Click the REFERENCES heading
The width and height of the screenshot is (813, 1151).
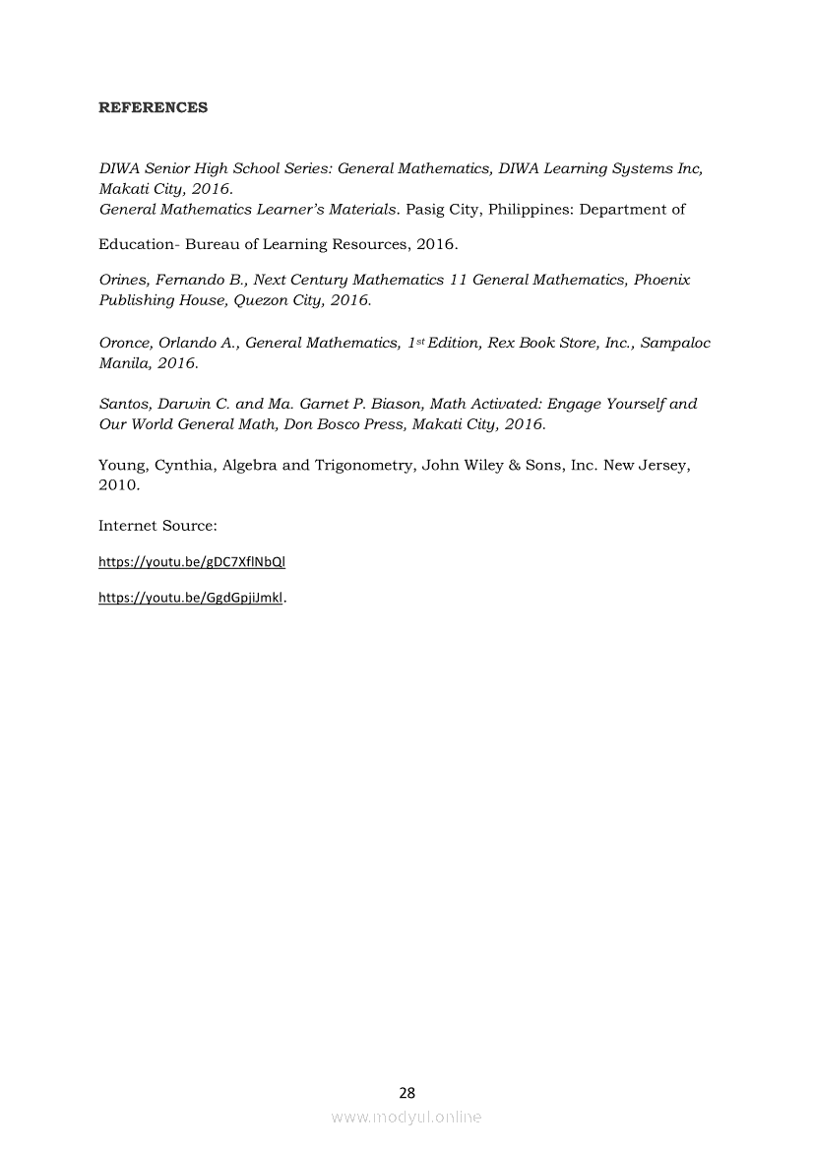153,107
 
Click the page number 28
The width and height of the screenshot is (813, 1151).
406,1092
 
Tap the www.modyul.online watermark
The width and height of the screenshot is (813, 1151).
406,1117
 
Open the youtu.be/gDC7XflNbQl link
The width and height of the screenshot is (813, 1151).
192,562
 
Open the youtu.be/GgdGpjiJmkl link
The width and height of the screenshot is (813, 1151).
190,597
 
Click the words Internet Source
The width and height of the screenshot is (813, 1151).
157,526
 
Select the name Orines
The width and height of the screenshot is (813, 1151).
122,280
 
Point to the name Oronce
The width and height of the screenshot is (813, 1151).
125,343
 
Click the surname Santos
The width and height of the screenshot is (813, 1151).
124,404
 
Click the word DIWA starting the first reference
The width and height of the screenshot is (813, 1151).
118,168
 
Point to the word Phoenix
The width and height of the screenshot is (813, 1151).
661,280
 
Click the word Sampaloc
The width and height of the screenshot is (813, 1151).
673,343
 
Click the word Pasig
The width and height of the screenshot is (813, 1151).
425,209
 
